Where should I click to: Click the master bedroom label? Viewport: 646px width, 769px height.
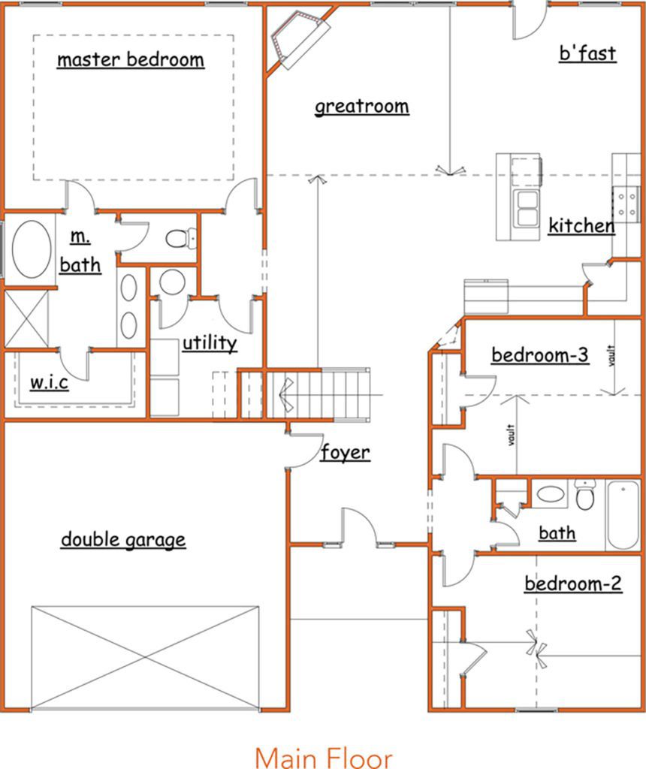pos(131,60)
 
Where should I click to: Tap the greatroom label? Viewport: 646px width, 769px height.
pos(362,107)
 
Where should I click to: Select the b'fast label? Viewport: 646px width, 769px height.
pos(587,53)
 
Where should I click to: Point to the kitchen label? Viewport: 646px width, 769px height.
pos(581,226)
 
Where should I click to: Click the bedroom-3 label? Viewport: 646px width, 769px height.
pos(540,355)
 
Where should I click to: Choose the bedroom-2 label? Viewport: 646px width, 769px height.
pos(573,584)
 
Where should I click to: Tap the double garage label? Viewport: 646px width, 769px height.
pos(123,539)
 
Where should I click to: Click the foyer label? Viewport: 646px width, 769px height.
pos(346,452)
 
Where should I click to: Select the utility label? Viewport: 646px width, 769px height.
pos(210,342)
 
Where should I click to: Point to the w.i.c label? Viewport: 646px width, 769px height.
pos(49,382)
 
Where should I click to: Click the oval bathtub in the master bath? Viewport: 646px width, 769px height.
pos(32,249)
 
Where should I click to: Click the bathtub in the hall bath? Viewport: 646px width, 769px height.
pos(623,516)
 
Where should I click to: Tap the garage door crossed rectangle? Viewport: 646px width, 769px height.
pos(145,657)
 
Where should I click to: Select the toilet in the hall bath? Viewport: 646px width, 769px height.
pos(584,494)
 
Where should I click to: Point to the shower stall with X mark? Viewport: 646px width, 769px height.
pos(26,318)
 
